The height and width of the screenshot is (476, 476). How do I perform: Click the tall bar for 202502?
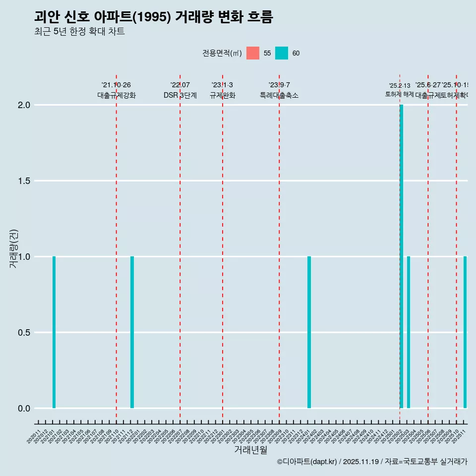pyautogui.click(x=401, y=256)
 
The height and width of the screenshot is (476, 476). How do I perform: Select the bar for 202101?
pyautogui.click(x=54, y=332)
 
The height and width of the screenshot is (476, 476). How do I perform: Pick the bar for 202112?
pyautogui.click(x=132, y=332)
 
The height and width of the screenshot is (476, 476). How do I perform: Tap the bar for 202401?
pyautogui.click(x=309, y=332)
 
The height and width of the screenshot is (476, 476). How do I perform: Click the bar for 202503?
pyautogui.click(x=409, y=332)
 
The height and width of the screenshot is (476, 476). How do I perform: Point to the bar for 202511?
pyautogui.click(x=465, y=332)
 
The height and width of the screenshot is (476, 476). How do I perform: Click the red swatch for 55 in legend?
pyautogui.click(x=253, y=53)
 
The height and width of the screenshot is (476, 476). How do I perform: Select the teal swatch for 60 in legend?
pyautogui.click(x=282, y=53)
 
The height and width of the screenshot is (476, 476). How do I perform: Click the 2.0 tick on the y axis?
pyautogui.click(x=25, y=105)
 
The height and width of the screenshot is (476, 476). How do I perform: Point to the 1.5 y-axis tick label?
pyautogui.click(x=25, y=181)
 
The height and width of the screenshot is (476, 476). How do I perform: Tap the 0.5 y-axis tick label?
pyautogui.click(x=25, y=333)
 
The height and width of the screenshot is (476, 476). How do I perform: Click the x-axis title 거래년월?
pyautogui.click(x=250, y=450)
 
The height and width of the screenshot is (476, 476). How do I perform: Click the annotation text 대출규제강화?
pyautogui.click(x=116, y=96)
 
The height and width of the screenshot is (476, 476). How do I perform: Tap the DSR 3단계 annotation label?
pyautogui.click(x=180, y=96)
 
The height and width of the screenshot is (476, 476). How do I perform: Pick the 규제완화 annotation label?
pyautogui.click(x=222, y=96)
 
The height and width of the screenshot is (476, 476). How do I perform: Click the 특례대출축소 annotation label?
pyautogui.click(x=279, y=96)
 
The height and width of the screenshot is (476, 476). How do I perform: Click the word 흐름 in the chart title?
pyautogui.click(x=259, y=17)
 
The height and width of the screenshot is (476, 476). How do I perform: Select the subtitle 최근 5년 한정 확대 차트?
pyautogui.click(x=79, y=32)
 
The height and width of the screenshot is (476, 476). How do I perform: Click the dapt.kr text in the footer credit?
pyautogui.click(x=323, y=462)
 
